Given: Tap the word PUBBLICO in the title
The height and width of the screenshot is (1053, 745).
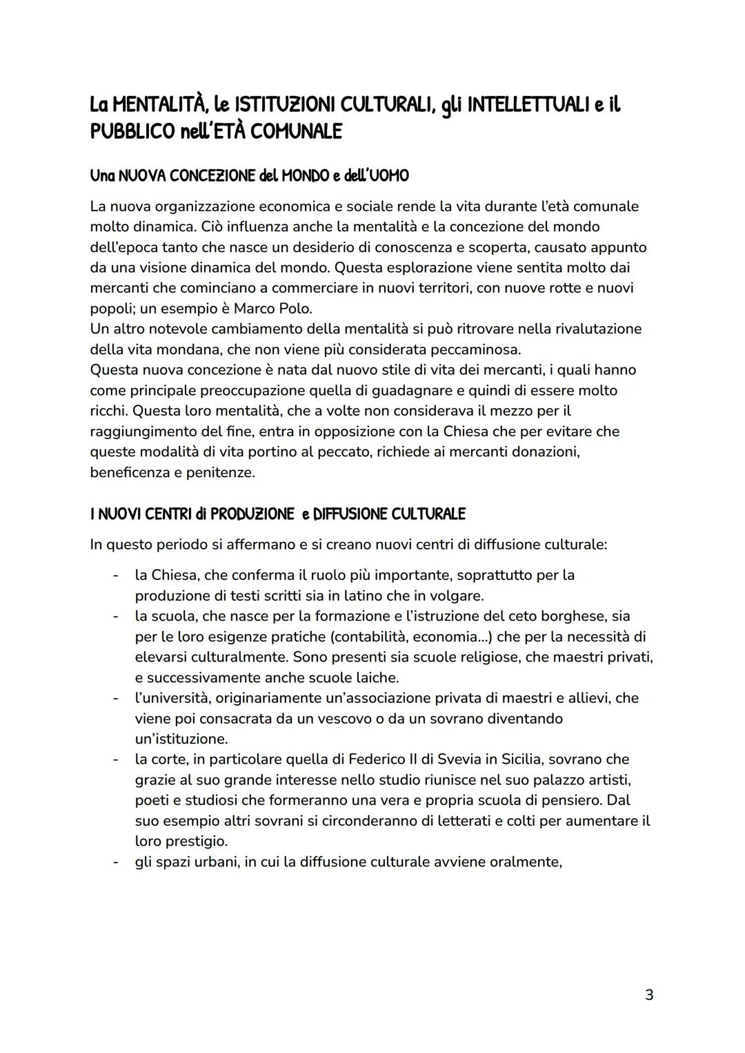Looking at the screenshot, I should point(131,131).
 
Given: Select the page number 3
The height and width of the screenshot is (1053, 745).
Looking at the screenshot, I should point(648,995).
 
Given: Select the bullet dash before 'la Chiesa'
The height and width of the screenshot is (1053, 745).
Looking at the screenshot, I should point(116,575).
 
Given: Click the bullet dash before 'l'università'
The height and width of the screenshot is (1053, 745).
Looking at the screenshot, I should point(116,698).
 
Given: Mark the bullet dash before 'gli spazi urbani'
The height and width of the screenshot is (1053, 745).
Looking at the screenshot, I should point(116,862).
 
